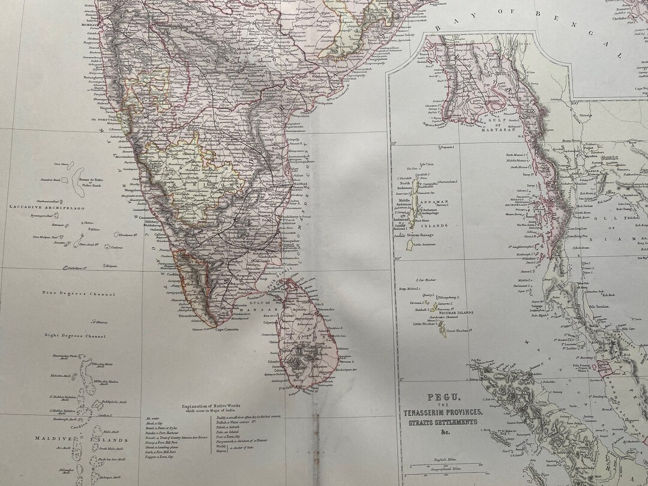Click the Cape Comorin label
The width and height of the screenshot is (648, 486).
pos(225,330)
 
